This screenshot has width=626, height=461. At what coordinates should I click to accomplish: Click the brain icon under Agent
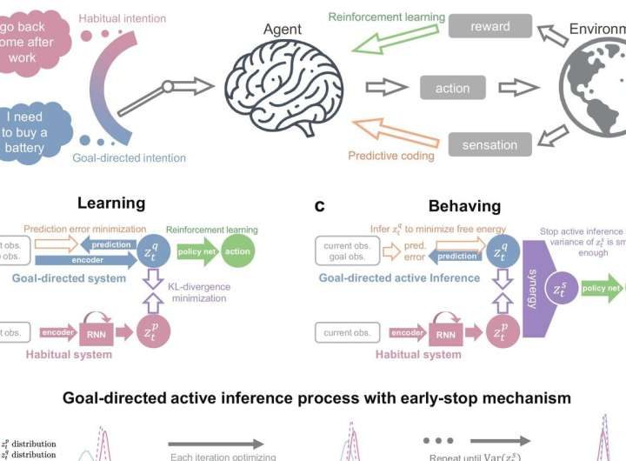(277, 88)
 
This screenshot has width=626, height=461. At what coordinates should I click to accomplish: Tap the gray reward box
(489, 26)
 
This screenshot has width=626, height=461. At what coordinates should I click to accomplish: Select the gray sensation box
(489, 144)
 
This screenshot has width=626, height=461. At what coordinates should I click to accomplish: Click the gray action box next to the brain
(452, 88)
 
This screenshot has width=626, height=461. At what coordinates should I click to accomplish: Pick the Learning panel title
(110, 203)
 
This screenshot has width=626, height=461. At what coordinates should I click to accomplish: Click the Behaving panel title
(464, 206)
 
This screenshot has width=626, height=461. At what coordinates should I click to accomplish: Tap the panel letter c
(320, 206)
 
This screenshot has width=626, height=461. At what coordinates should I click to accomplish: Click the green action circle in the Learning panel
(236, 251)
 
